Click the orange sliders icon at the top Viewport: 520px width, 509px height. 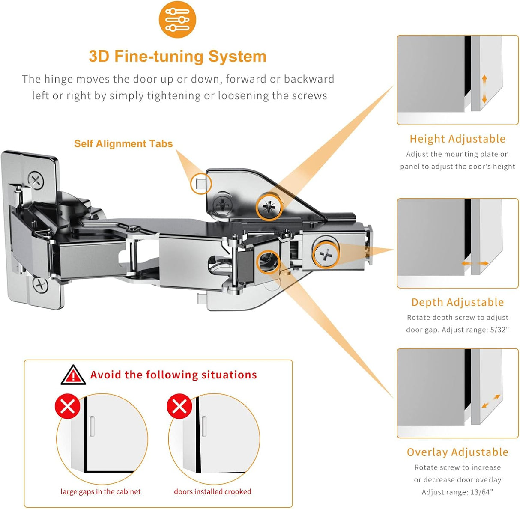pyautogui.click(x=177, y=20)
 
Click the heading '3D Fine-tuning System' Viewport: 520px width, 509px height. pyautogui.click(x=177, y=57)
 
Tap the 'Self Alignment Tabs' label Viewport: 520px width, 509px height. pyautogui.click(x=123, y=144)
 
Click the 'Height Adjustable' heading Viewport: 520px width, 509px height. pyautogui.click(x=457, y=139)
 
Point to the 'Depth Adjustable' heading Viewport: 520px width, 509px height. pyautogui.click(x=457, y=302)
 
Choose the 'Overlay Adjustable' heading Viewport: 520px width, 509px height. pyautogui.click(x=457, y=452)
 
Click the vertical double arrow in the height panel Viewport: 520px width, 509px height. pyautogui.click(x=484, y=89)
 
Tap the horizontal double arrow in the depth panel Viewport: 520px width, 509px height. pyautogui.click(x=475, y=263)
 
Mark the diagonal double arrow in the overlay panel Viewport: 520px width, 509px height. pyautogui.click(x=490, y=401)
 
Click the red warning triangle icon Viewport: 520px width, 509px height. pyautogui.click(x=73, y=375)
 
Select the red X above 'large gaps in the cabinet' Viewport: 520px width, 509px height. pyautogui.click(x=68, y=406)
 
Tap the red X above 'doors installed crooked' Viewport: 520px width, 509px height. pyautogui.click(x=179, y=406)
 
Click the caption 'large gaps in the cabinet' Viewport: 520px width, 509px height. pyautogui.click(x=101, y=491)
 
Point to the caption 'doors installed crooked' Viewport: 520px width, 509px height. pyautogui.click(x=212, y=491)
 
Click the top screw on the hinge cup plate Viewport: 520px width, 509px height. pyautogui.click(x=36, y=179)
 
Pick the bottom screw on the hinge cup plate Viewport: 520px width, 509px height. pyautogui.click(x=41, y=285)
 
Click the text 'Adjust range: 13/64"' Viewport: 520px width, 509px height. pyautogui.click(x=457, y=492)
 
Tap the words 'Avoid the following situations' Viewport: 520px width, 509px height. pyautogui.click(x=173, y=375)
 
